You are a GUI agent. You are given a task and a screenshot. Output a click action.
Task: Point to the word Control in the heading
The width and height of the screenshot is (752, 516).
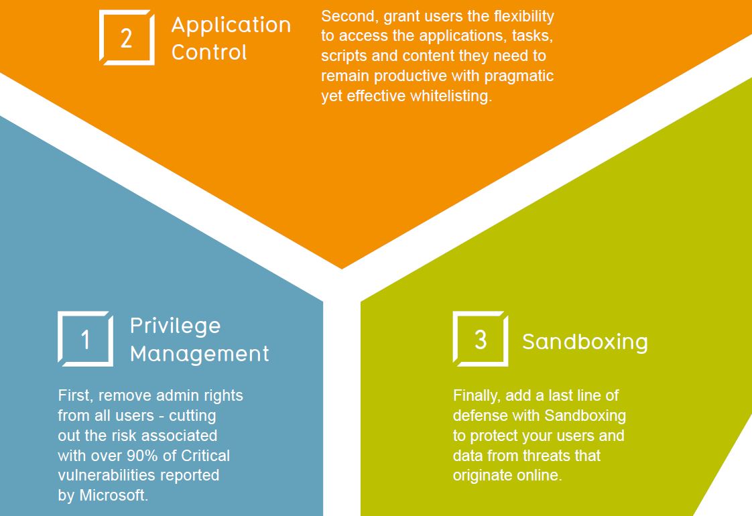[209, 52]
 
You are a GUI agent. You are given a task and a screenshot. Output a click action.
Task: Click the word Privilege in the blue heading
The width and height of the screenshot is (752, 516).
[175, 326]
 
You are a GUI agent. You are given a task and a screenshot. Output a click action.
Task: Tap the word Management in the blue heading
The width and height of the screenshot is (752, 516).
[200, 354]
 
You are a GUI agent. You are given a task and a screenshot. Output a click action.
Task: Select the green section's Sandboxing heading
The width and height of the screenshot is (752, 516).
[585, 342]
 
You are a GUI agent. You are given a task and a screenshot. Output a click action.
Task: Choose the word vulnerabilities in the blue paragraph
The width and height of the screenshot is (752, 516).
[107, 475]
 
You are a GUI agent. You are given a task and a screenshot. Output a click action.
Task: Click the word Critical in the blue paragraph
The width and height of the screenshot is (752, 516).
[205, 456]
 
